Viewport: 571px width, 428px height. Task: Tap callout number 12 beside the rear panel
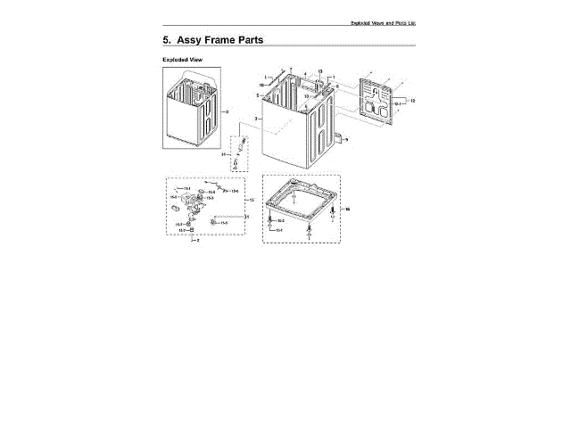click(413, 101)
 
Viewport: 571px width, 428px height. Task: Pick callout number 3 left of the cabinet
click(256, 118)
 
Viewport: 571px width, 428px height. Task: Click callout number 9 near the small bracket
click(346, 140)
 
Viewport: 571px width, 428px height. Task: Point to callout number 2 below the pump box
click(198, 241)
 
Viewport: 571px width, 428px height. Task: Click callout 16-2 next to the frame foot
click(280, 218)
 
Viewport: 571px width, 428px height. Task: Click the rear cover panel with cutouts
click(380, 98)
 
